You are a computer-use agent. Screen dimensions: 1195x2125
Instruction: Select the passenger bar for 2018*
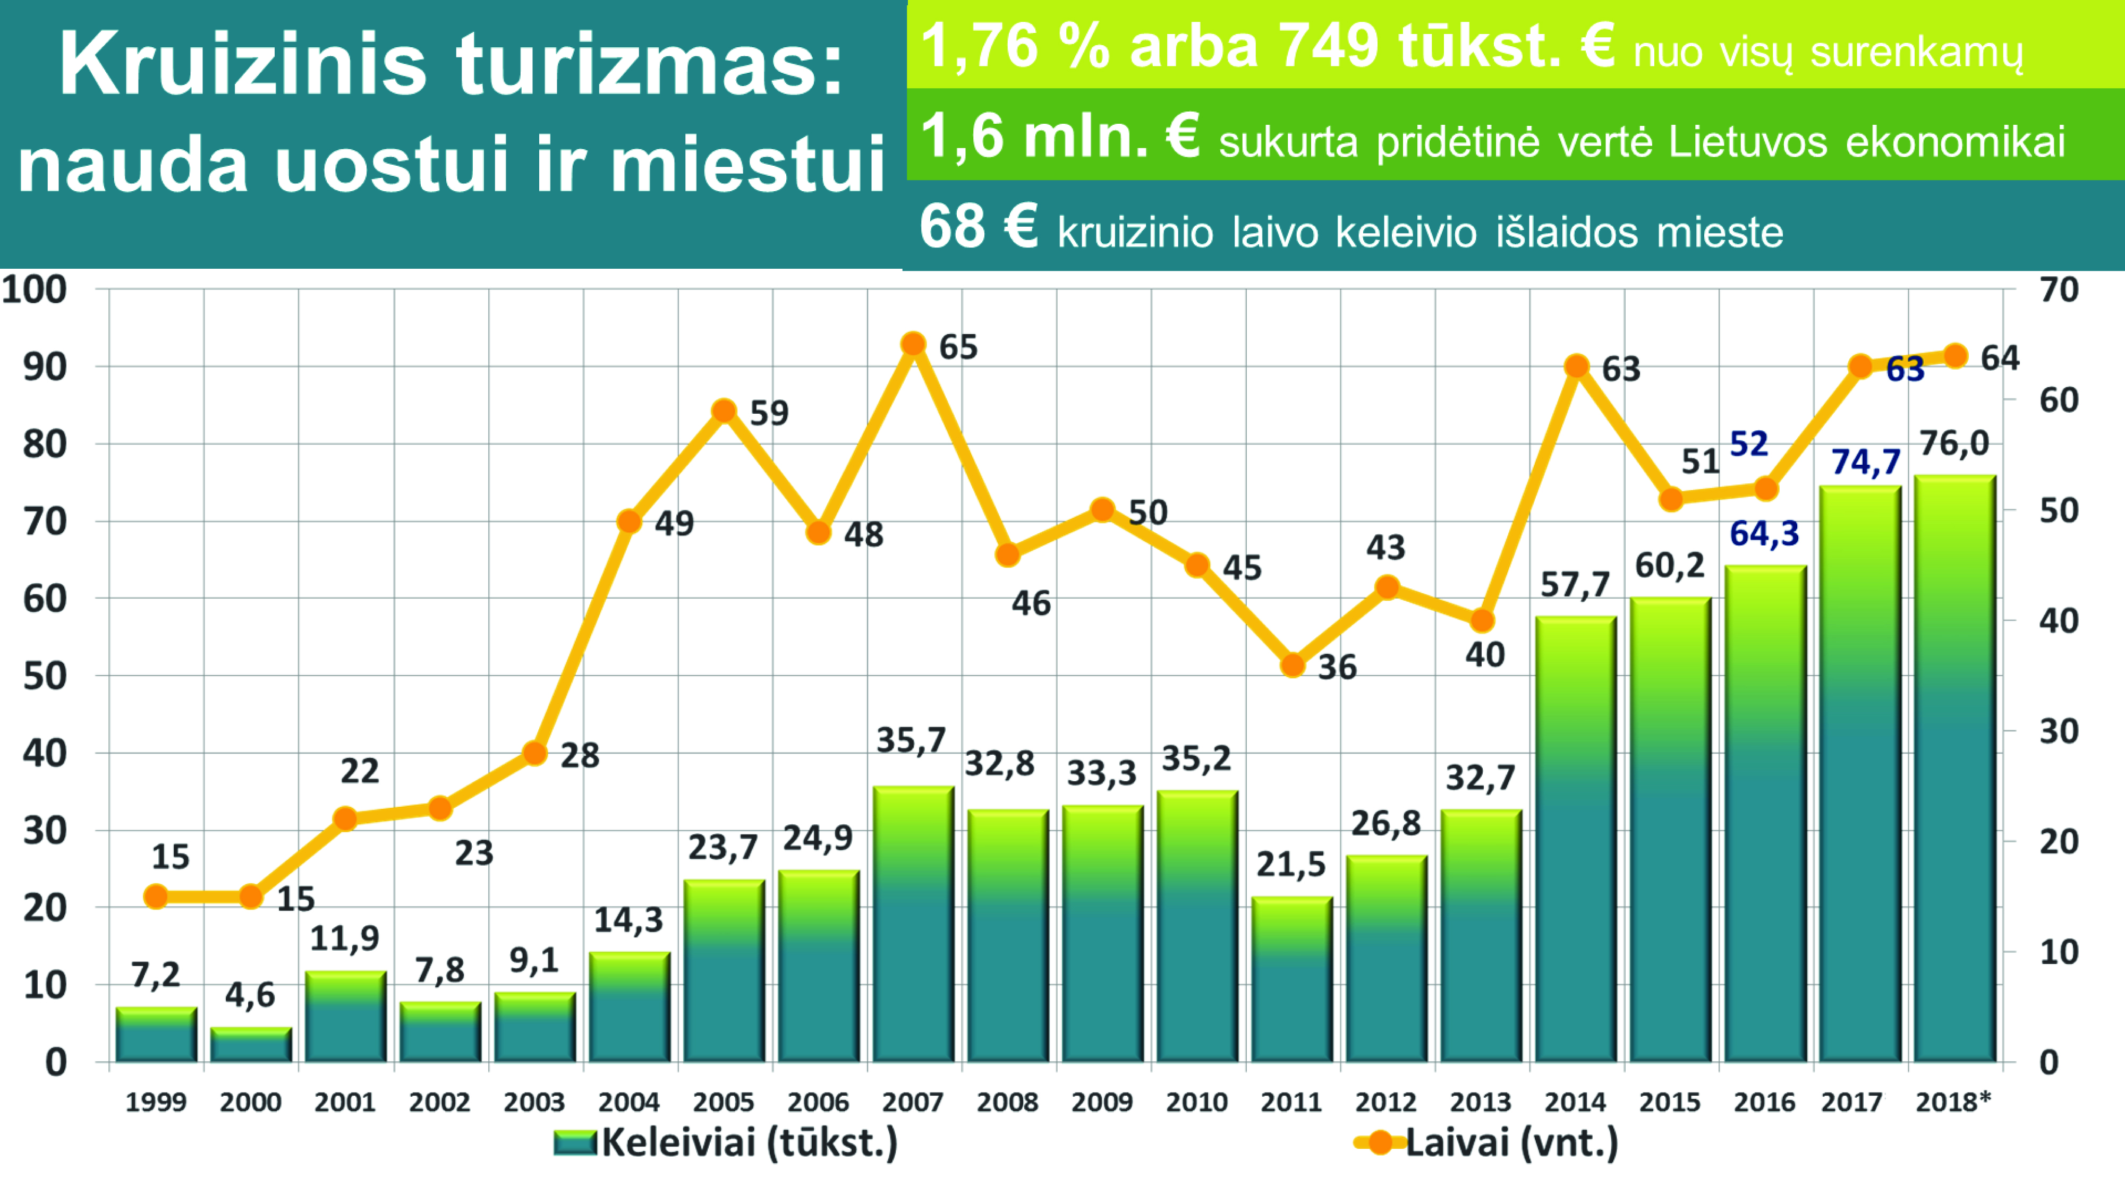tap(1954, 767)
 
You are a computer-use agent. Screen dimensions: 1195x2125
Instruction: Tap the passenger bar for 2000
tap(251, 1044)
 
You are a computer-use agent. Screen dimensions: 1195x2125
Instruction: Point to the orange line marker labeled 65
tap(912, 344)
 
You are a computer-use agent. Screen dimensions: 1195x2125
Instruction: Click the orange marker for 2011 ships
tap(1293, 665)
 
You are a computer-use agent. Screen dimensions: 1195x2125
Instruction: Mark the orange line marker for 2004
tap(630, 521)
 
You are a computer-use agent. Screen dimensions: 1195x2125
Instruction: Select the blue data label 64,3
tap(1764, 534)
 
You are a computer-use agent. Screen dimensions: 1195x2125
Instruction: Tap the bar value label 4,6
tap(250, 995)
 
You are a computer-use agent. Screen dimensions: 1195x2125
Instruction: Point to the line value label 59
tap(769, 412)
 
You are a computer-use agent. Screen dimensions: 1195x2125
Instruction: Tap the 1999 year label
tap(156, 1102)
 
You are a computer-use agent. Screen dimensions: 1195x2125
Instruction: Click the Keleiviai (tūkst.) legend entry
tap(726, 1143)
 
